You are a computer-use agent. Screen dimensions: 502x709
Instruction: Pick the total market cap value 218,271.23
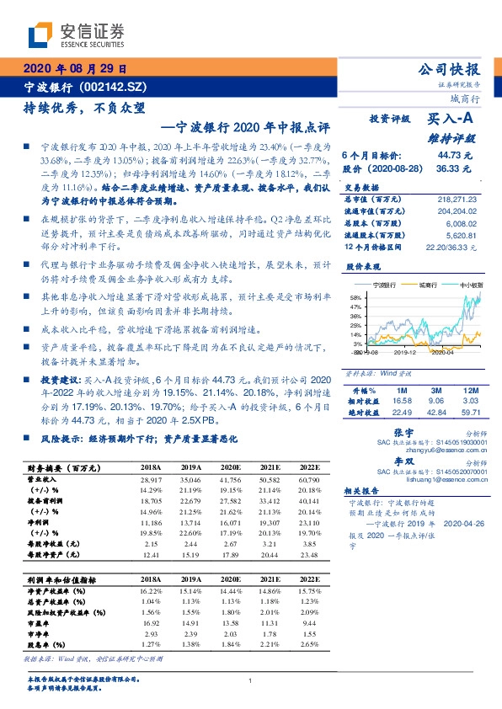[457, 197]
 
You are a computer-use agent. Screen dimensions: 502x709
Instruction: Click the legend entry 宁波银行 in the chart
[383, 285]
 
